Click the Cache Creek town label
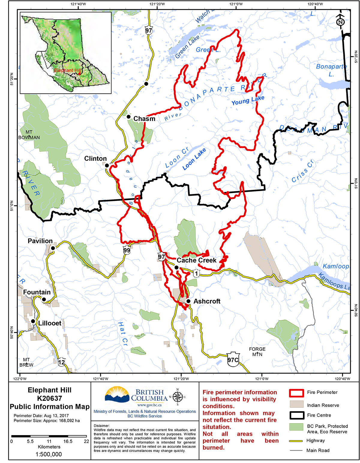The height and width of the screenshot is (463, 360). pos(196,260)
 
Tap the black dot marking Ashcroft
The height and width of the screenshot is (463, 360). pos(188,301)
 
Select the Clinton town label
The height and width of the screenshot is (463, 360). pos(95,158)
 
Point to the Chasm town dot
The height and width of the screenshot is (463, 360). pos(128,117)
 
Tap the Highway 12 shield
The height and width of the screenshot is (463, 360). pos(61,362)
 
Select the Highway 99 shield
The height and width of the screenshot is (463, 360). pos(127,250)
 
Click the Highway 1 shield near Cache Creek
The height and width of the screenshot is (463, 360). pos(196,273)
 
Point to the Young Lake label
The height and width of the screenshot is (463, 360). pos(248,100)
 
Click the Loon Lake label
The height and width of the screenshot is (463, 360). pos(194,159)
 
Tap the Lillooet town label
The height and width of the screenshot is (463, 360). pos(49,323)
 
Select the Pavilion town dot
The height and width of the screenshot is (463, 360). pos(53,248)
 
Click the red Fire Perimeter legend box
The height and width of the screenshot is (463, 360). pos(296,393)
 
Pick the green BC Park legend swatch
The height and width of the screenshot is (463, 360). pos(296,427)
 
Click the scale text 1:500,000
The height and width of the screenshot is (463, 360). pos(49,454)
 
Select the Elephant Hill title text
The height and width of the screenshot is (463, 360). pos(49,390)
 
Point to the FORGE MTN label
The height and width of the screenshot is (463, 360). pos(257,352)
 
